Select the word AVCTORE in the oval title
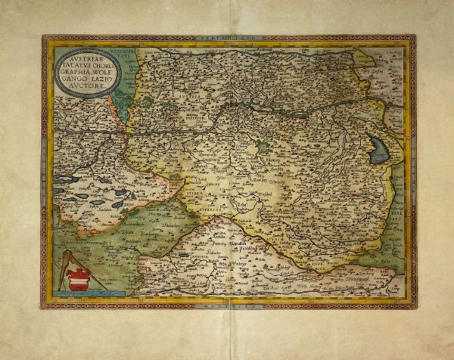pyautogui.click(x=81, y=87)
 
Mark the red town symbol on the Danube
pyautogui.click(x=304, y=118)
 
